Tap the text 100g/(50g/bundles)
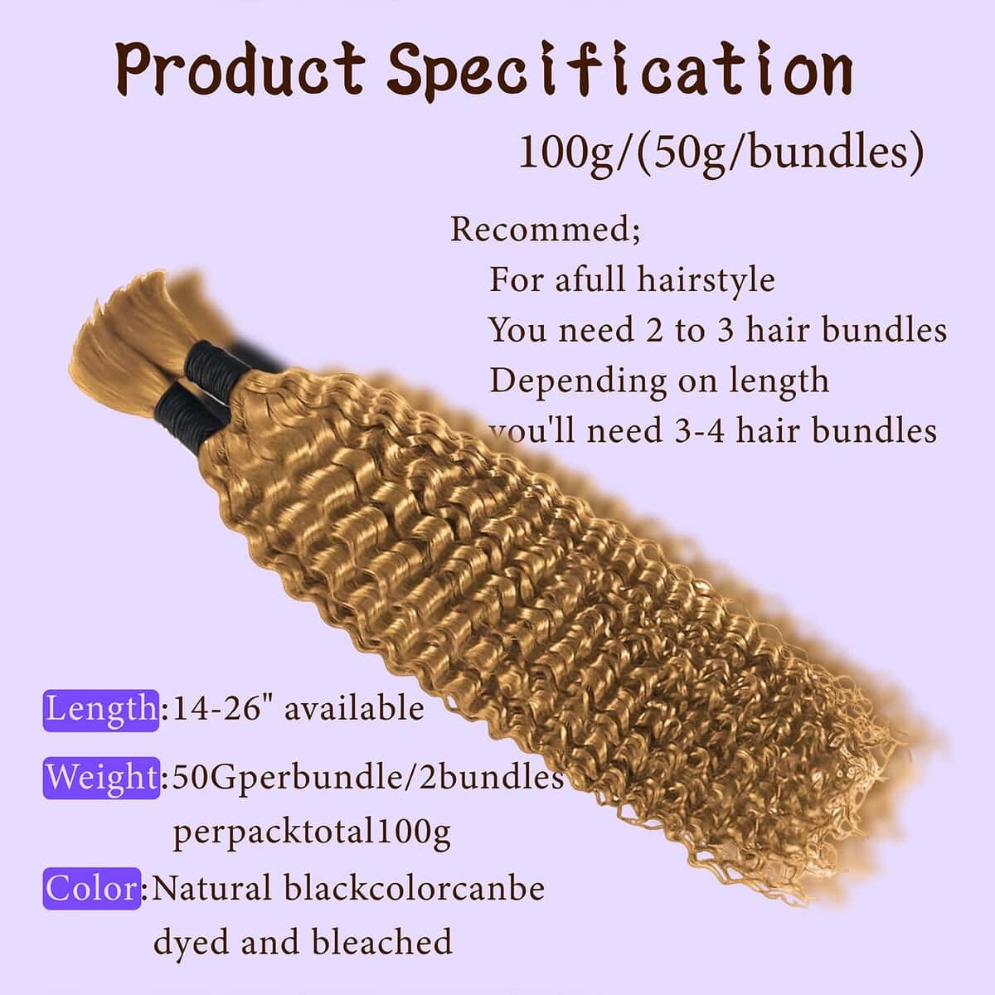tap(721, 153)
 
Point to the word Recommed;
tap(545, 228)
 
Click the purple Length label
tap(100, 710)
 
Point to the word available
tap(354, 710)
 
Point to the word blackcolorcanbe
tap(415, 889)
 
